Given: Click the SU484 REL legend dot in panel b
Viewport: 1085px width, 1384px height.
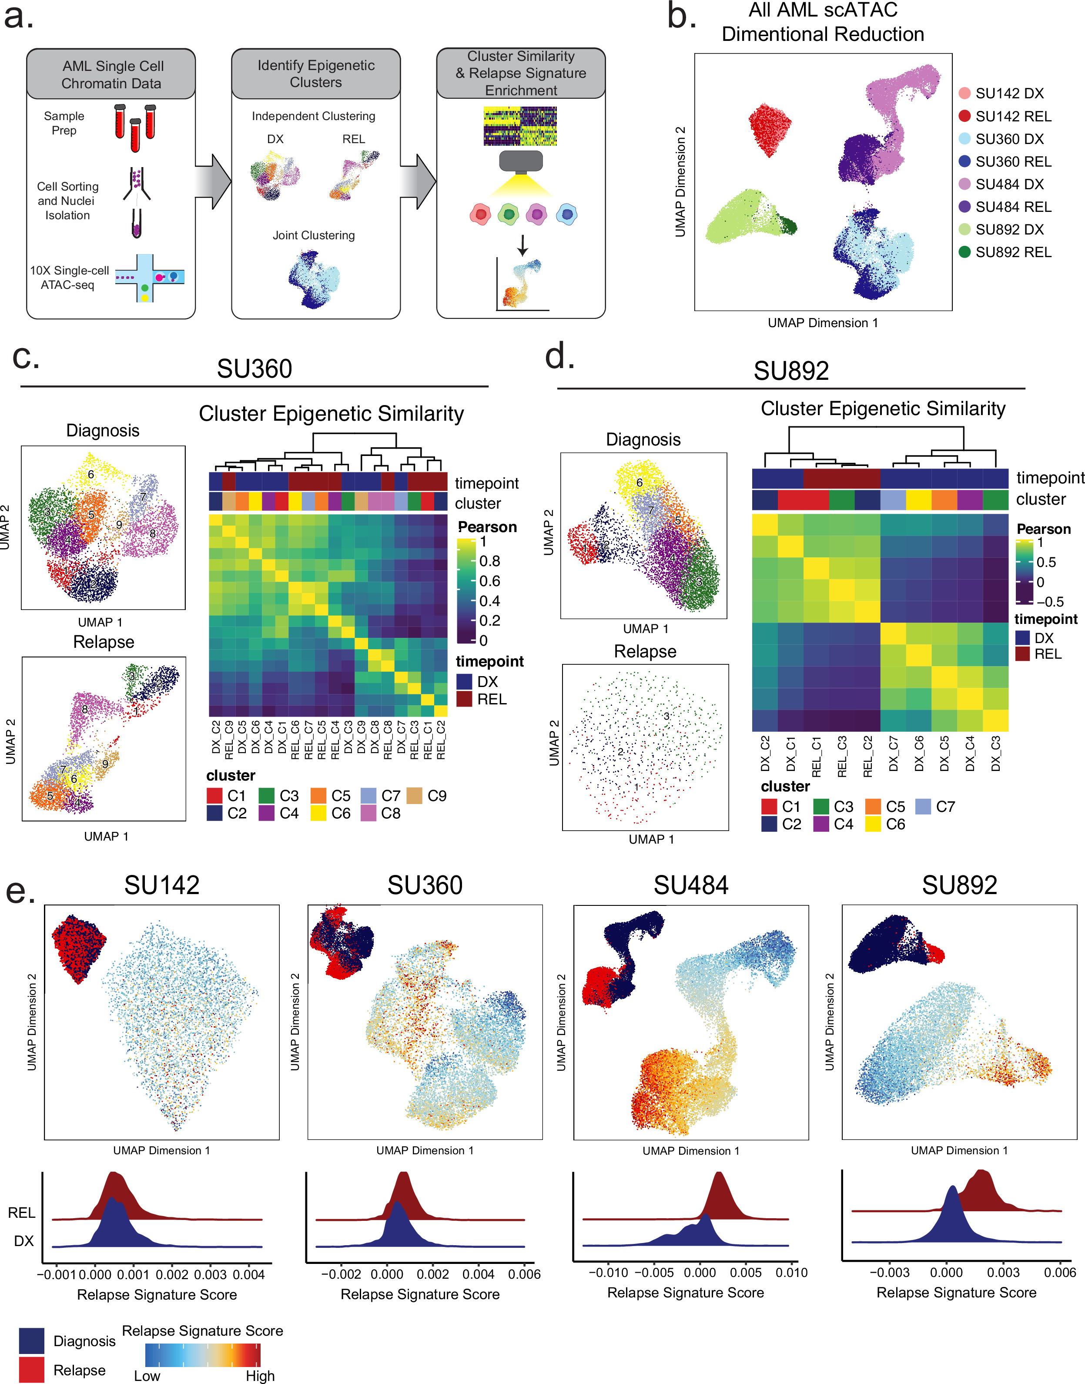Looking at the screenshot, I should (964, 207).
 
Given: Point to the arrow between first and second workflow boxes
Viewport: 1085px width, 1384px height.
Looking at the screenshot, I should (213, 182).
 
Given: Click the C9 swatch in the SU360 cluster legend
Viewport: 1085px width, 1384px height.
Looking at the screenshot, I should (414, 796).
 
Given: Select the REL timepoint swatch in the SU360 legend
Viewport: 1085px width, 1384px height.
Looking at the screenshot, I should (464, 699).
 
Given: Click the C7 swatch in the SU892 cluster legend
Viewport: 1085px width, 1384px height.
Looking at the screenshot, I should (923, 807).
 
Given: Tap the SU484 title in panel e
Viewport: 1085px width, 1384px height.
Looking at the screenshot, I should (691, 885).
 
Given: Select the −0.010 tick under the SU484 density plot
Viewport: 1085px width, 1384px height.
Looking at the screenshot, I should (608, 1273).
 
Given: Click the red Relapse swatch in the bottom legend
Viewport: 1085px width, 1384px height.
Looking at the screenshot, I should (32, 1370).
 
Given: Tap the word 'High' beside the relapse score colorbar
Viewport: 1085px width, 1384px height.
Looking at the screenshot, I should (261, 1376).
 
